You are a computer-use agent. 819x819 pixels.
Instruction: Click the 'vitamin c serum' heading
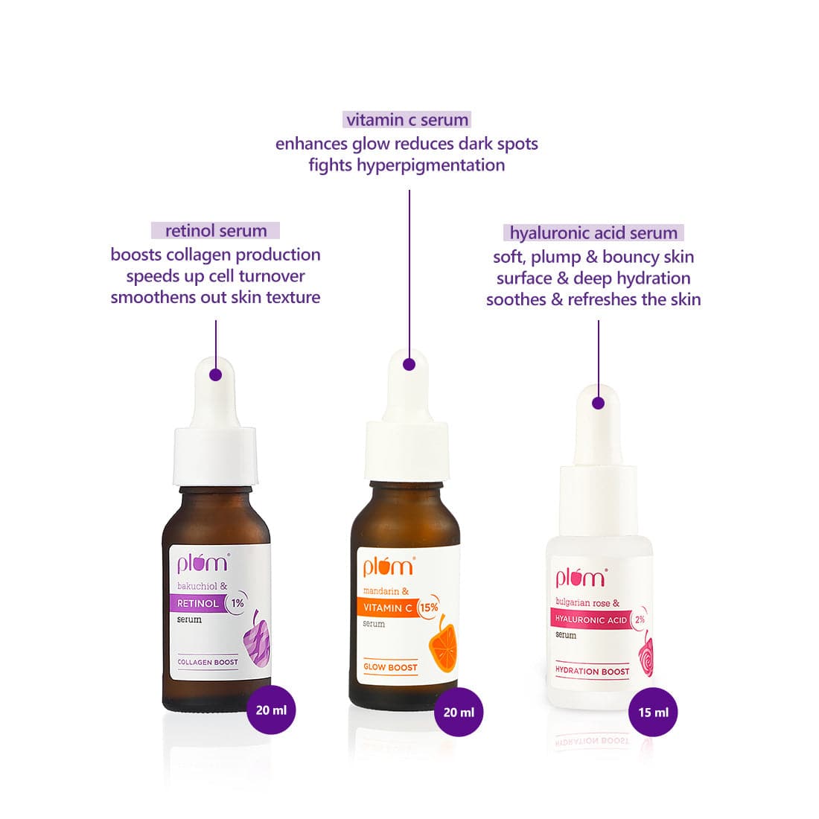point(407,120)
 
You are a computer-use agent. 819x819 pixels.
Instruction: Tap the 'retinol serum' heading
point(216,230)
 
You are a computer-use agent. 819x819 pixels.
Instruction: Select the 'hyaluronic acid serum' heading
point(593,232)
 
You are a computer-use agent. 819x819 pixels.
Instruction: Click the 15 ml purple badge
point(653,712)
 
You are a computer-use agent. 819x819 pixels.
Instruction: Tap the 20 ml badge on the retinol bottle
point(271,710)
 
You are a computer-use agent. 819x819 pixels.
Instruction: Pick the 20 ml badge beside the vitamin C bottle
point(459,712)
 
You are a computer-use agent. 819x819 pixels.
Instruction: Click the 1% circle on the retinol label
point(237,603)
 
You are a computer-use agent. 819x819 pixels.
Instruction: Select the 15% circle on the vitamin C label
point(429,608)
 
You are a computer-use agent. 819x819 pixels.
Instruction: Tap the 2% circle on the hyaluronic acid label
point(640,619)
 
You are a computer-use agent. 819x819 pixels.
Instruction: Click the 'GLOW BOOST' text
point(390,667)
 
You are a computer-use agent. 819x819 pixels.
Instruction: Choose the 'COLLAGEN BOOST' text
point(208,662)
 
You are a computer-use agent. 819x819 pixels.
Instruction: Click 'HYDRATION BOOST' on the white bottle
point(593,671)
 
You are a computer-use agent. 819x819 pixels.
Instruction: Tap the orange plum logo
point(389,567)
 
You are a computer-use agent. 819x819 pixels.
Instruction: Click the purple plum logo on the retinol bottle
point(203,563)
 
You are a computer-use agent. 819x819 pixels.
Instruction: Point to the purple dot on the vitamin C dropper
point(409,365)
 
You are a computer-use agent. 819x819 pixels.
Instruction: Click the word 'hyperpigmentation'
point(430,165)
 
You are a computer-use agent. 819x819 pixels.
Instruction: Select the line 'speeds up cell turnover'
point(215,275)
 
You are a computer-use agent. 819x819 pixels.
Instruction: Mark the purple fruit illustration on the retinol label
point(256,640)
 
